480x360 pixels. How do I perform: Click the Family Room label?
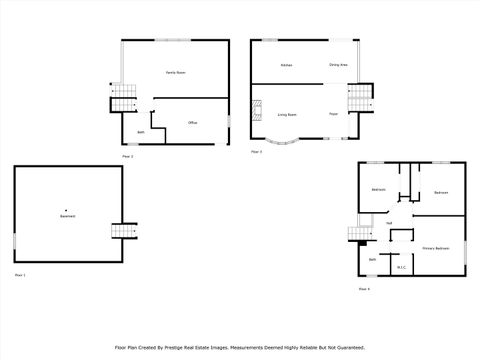click(x=176, y=73)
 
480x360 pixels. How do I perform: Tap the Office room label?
click(x=192, y=123)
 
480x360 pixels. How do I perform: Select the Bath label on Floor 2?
click(x=141, y=133)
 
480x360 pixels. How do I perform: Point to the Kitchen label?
click(x=286, y=65)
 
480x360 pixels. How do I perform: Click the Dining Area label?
click(x=338, y=65)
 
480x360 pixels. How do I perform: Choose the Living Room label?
click(x=286, y=115)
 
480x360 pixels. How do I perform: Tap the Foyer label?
click(x=333, y=115)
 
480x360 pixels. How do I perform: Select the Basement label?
click(x=67, y=217)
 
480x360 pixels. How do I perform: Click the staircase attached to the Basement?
click(x=122, y=231)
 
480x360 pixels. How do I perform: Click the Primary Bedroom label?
click(x=434, y=247)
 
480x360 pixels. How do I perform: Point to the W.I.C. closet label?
click(x=401, y=267)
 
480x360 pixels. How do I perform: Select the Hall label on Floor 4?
click(x=388, y=223)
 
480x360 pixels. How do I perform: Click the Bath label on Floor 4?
click(x=372, y=260)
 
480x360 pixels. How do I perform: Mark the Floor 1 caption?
click(x=20, y=274)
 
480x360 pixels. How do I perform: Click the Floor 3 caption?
click(x=256, y=152)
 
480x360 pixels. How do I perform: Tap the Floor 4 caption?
click(x=364, y=289)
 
